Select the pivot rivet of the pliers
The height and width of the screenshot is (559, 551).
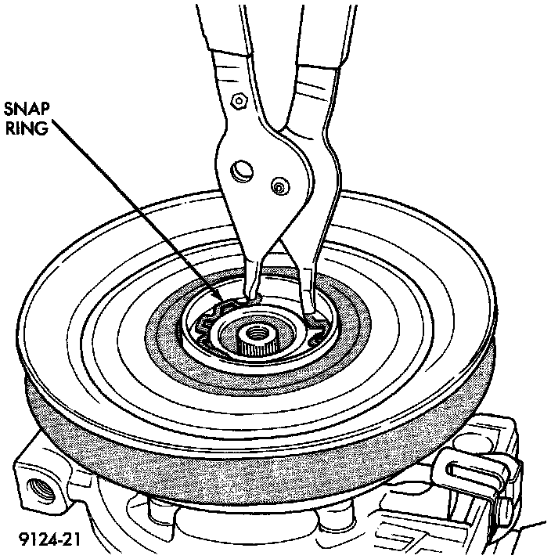point(278,186)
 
